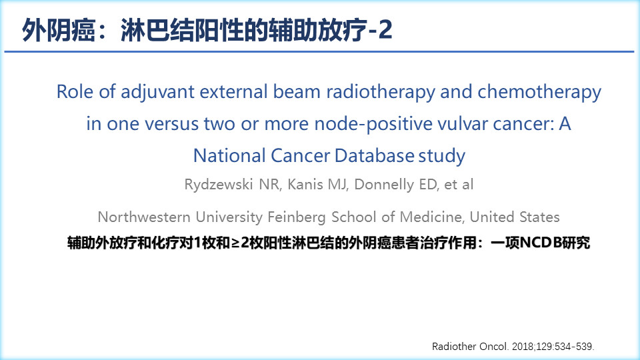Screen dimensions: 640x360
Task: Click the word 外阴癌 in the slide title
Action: tap(59, 30)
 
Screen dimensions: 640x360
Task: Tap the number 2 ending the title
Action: tap(385, 30)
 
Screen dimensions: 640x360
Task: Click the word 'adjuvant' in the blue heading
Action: tap(157, 92)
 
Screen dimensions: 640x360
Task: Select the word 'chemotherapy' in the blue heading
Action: tap(539, 92)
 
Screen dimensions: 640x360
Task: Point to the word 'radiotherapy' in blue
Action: tap(381, 92)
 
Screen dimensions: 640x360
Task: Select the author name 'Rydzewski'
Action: tap(219, 185)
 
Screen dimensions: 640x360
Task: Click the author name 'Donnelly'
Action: tap(384, 185)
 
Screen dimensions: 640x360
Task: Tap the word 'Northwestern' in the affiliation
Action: tap(144, 217)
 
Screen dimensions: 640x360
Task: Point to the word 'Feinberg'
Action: tap(296, 217)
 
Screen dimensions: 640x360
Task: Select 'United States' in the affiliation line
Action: tap(515, 217)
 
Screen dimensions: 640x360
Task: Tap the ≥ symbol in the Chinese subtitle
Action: tap(235, 243)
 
